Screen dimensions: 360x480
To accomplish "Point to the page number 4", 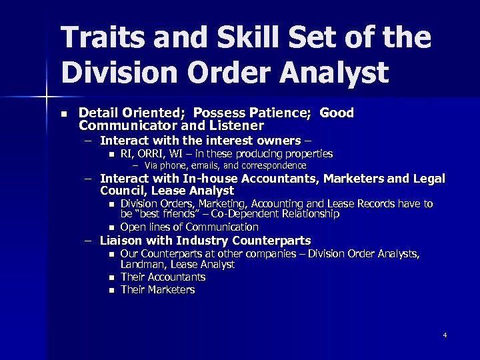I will tap(445, 335).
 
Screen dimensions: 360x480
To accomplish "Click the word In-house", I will tap(213, 179).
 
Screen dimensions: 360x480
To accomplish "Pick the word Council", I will tap(124, 191).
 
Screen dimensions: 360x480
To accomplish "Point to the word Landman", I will tap(141, 265).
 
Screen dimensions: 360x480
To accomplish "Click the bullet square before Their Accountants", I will tap(111, 277).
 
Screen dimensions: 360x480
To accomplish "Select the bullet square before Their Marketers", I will tap(111, 290).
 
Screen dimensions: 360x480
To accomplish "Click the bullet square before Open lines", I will tap(111, 227).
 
